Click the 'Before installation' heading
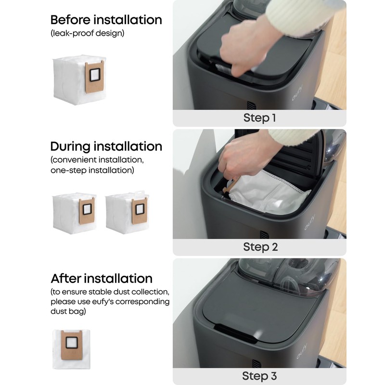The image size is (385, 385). (106, 20)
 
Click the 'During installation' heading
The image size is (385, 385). (106, 146)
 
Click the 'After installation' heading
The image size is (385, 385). (102, 278)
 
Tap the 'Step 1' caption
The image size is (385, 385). (260, 118)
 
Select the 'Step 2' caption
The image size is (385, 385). (260, 247)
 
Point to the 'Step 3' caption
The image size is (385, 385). (260, 376)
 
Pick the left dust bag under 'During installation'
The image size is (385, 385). (74, 213)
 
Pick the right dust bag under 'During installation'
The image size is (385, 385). (127, 213)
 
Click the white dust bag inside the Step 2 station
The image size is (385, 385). (269, 195)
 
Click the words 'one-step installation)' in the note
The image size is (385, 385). (92, 170)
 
